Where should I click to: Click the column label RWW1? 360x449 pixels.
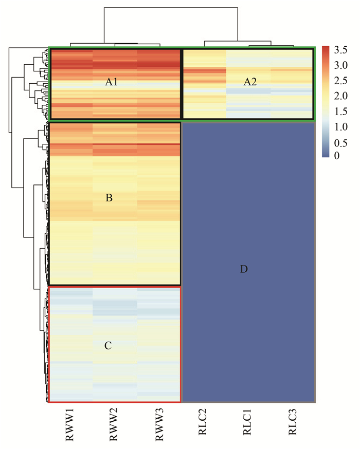[70, 425]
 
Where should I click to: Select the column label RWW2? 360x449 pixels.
[115, 425]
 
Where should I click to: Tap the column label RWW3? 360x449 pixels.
[159, 425]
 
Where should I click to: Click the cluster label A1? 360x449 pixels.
[112, 81]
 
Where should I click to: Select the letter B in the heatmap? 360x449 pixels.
[109, 197]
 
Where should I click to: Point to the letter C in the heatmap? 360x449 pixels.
[108, 345]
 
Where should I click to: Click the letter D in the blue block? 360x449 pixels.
[244, 269]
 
